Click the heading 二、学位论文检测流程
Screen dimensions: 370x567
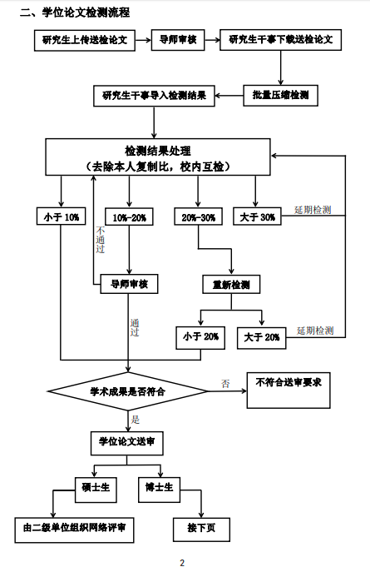75,12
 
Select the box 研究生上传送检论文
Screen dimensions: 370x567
85,41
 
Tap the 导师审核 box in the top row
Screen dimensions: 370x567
178,40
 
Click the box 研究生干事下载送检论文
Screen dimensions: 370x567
280,40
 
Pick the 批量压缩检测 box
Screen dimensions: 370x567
280,96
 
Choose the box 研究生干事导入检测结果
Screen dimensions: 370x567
154,96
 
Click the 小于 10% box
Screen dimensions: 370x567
61,216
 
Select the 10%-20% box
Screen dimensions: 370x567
129,216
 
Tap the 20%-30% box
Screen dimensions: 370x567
198,216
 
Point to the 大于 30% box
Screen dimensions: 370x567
257,216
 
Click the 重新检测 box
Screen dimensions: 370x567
231,284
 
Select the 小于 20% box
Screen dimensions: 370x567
200,338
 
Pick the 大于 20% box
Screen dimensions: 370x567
261,338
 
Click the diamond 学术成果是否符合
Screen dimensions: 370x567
128,391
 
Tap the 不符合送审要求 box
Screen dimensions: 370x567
289,390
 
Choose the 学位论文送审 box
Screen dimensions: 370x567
126,443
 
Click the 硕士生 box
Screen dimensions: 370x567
96,490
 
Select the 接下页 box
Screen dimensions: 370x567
201,530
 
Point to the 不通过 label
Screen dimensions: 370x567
101,240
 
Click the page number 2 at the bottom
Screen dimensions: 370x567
182,562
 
